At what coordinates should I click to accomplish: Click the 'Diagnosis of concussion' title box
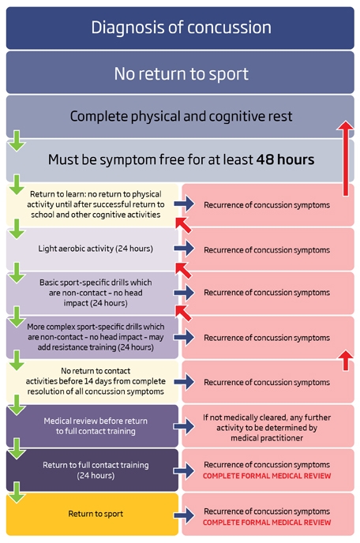pos(180,28)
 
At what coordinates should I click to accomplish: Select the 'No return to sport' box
pos(180,73)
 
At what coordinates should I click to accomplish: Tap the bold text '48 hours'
pos(285,159)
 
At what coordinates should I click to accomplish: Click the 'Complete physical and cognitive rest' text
pos(181,116)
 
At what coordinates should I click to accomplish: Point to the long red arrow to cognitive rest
pos(346,159)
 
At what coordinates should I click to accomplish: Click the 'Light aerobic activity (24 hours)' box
pos(92,249)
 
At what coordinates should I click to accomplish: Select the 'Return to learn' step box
pos(92,204)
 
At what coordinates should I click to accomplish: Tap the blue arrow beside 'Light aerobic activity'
pos(184,249)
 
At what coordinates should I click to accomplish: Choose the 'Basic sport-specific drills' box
pos(92,293)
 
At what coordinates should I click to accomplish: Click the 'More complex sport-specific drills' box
pos(92,337)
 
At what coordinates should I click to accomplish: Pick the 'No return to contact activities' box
pos(92,381)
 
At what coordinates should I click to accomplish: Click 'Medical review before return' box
pos(92,425)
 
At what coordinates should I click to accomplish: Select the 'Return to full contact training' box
pos(92,470)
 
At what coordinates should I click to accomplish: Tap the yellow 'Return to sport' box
pos(92,515)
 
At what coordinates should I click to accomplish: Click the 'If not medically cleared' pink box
pos(268,425)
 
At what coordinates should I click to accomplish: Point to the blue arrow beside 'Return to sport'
pos(184,515)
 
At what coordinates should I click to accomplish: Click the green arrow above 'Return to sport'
pos(17,492)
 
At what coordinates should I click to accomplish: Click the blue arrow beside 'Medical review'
pos(184,426)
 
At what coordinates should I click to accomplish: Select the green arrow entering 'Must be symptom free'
pos(17,141)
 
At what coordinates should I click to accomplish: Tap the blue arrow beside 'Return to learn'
pos(184,204)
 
